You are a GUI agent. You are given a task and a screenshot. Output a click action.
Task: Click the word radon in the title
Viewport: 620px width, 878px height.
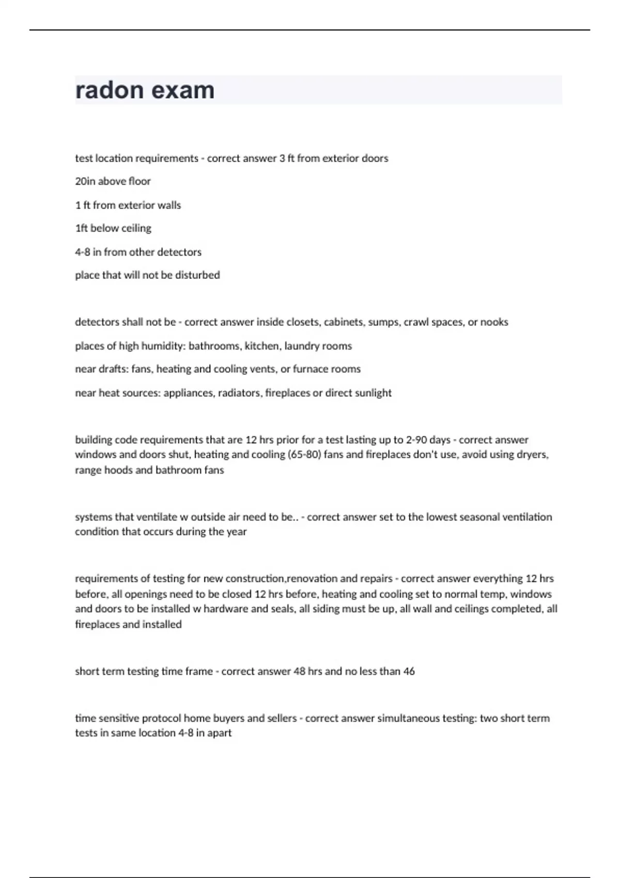click(109, 90)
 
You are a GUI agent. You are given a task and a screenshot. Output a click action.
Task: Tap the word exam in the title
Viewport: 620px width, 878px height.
click(183, 90)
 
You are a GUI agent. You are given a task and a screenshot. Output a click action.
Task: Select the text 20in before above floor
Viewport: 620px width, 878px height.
click(85, 181)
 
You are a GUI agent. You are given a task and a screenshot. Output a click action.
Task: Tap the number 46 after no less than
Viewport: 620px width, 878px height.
click(409, 671)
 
